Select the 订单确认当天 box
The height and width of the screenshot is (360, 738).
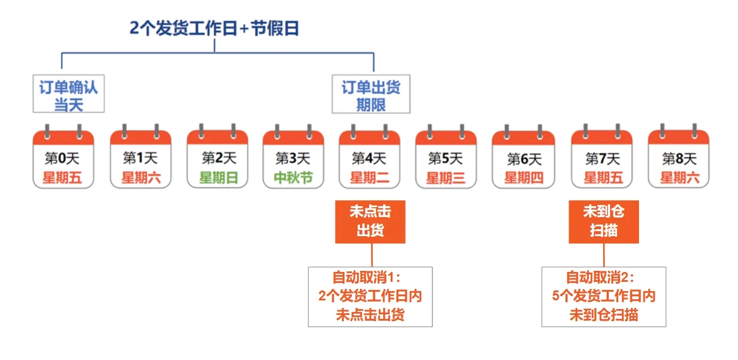click(x=68, y=96)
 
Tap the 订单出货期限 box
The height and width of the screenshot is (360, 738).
click(x=370, y=96)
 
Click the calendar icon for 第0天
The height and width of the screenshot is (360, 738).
click(x=63, y=157)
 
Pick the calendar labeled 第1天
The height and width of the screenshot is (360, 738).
click(x=141, y=157)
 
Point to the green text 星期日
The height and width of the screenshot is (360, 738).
click(x=218, y=178)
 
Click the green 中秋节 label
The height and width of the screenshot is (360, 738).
click(x=293, y=178)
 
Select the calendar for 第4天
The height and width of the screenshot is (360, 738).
click(x=369, y=157)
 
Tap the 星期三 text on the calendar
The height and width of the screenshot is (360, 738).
click(x=446, y=178)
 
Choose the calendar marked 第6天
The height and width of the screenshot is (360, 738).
click(x=523, y=157)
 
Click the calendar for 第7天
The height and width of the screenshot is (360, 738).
click(x=602, y=157)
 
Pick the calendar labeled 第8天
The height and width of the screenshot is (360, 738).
click(x=678, y=157)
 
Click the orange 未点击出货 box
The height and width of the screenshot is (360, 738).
click(x=370, y=222)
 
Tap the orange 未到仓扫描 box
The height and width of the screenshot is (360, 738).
click(x=604, y=222)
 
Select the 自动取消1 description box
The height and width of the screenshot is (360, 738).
click(x=370, y=296)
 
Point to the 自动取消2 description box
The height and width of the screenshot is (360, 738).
click(x=604, y=296)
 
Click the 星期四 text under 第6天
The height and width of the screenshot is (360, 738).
click(x=523, y=178)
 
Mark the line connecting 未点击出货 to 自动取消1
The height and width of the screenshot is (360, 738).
click(x=371, y=255)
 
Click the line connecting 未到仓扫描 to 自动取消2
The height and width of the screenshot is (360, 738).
click(x=604, y=255)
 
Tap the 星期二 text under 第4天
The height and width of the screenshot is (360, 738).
click(x=369, y=178)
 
